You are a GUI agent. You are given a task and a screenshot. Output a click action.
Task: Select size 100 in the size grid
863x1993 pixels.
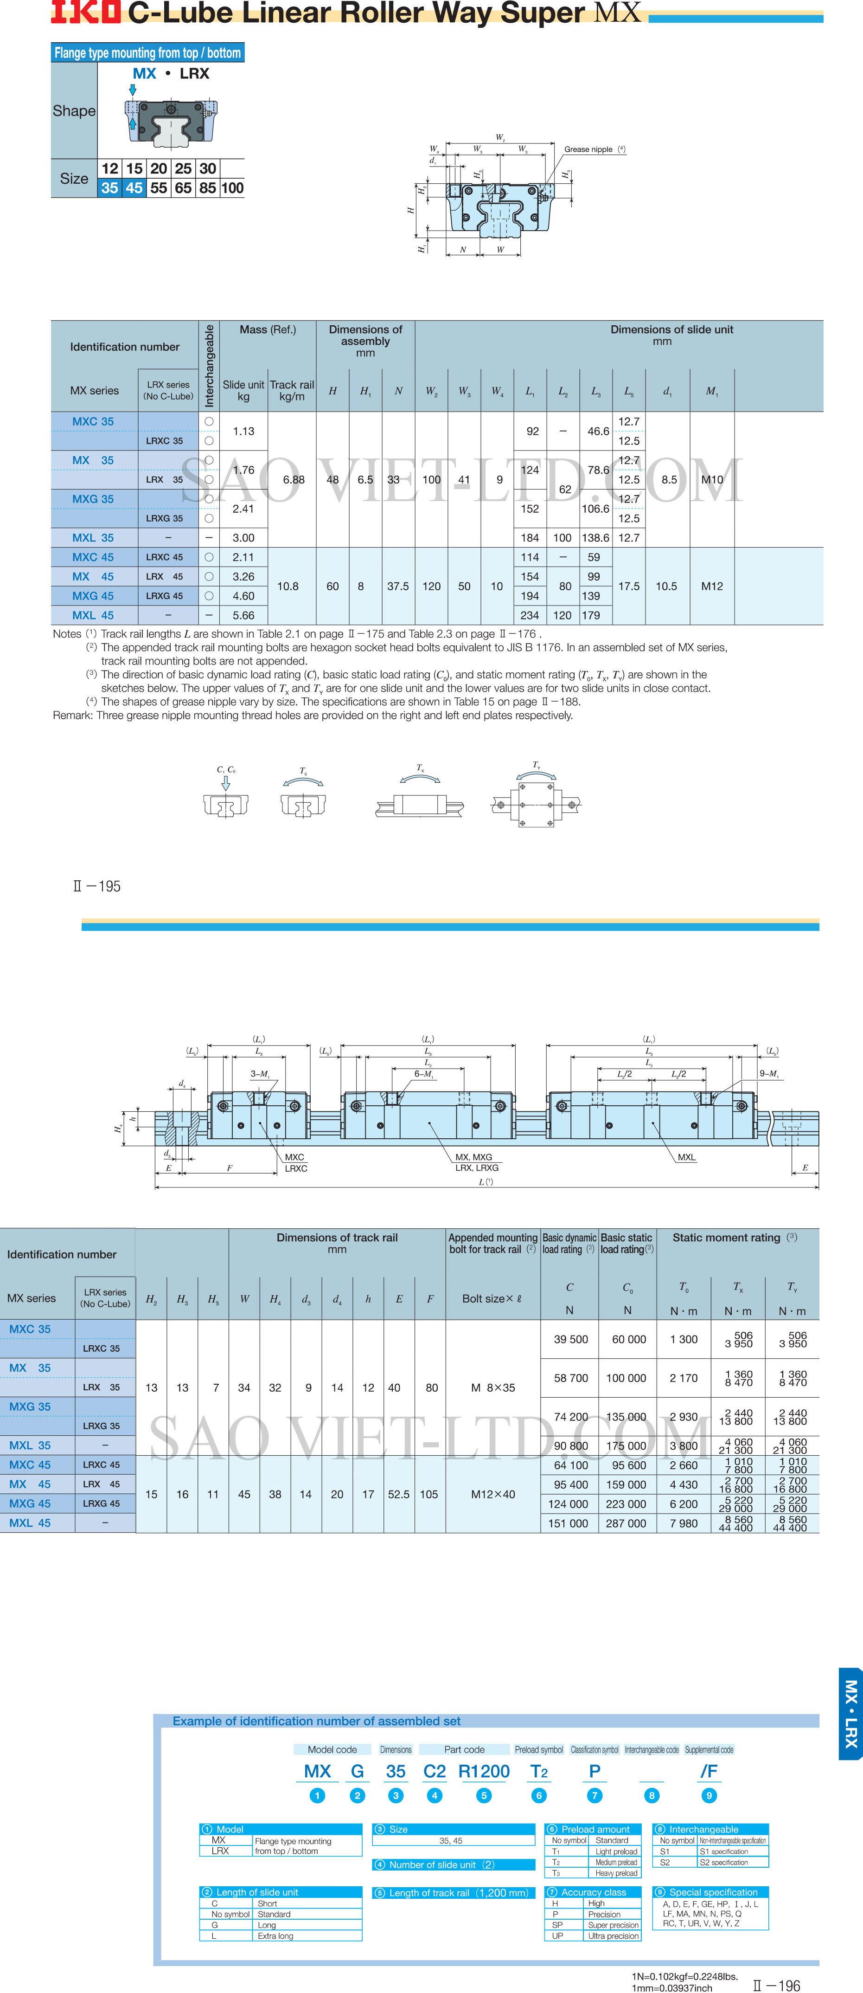[232, 188]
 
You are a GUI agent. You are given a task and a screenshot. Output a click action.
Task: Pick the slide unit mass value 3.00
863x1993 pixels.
[243, 538]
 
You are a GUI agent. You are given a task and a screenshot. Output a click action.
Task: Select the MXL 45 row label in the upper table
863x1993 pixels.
[93, 615]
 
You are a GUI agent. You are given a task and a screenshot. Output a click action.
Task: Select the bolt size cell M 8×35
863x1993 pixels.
[492, 1387]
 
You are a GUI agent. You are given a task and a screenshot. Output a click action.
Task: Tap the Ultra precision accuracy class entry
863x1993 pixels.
[613, 1936]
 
